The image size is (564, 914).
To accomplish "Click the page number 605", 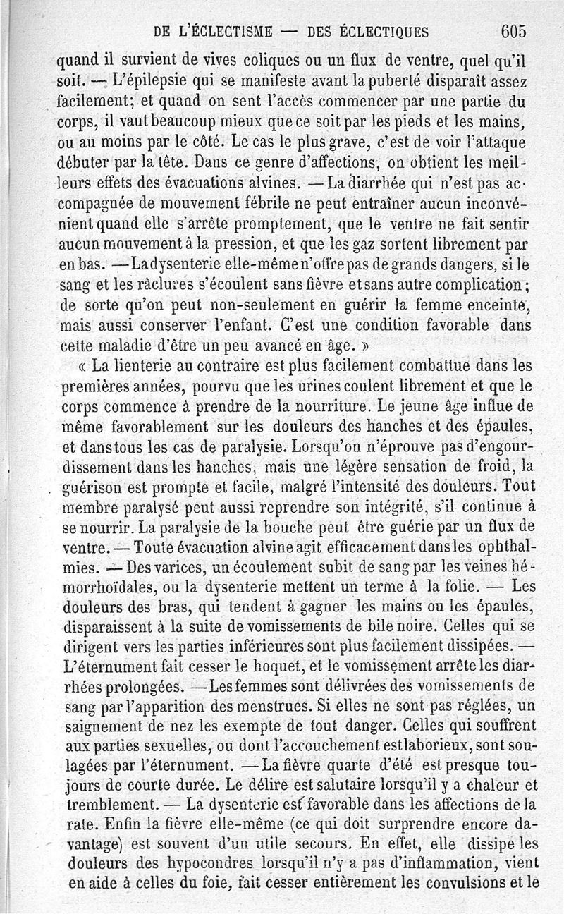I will pyautogui.click(x=514, y=31).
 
